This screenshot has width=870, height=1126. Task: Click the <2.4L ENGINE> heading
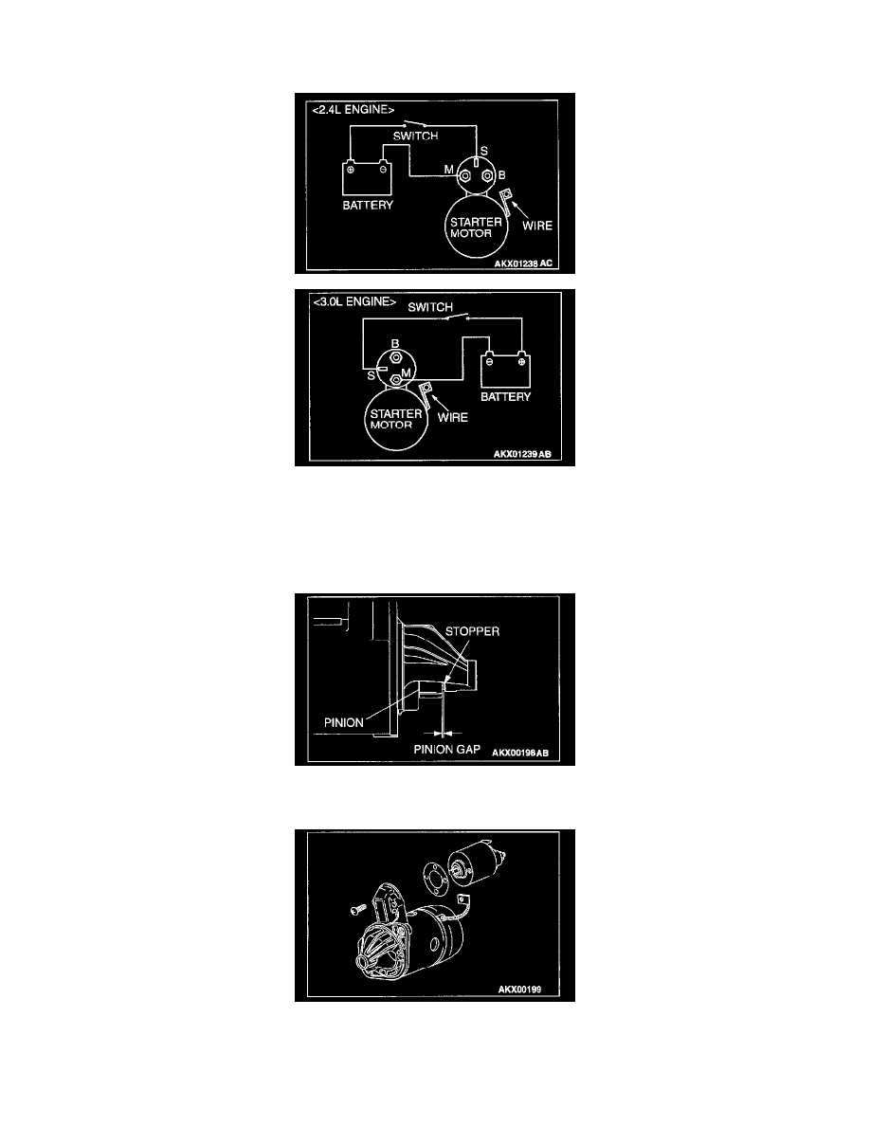pyautogui.click(x=353, y=110)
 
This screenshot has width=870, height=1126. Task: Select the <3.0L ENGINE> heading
pyautogui.click(x=354, y=301)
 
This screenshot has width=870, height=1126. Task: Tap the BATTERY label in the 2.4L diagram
pyautogui.click(x=368, y=206)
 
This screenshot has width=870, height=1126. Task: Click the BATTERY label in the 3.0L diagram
pyautogui.click(x=505, y=396)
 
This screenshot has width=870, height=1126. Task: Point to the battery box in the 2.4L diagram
pyautogui.click(x=367, y=179)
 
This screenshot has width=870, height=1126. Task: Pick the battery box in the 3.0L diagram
pyautogui.click(x=505, y=370)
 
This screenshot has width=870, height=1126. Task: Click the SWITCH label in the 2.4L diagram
pyautogui.click(x=415, y=136)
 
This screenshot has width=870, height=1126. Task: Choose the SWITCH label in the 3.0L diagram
pyautogui.click(x=430, y=307)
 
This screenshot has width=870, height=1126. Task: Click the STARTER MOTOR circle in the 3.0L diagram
pyautogui.click(x=396, y=419)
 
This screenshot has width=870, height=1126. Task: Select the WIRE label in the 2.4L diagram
pyautogui.click(x=537, y=226)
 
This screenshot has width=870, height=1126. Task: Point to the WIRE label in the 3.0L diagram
pyautogui.click(x=452, y=417)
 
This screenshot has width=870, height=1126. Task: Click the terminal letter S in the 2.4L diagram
pyautogui.click(x=484, y=151)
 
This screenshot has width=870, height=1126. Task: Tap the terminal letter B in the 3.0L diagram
pyautogui.click(x=395, y=344)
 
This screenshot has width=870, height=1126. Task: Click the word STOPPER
pyautogui.click(x=472, y=631)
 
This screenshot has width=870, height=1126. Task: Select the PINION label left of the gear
pyautogui.click(x=344, y=722)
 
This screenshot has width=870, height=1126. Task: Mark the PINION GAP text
pyautogui.click(x=446, y=749)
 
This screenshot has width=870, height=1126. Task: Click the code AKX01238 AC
pyautogui.click(x=523, y=263)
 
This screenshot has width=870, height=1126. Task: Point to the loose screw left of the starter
pyautogui.click(x=357, y=910)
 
